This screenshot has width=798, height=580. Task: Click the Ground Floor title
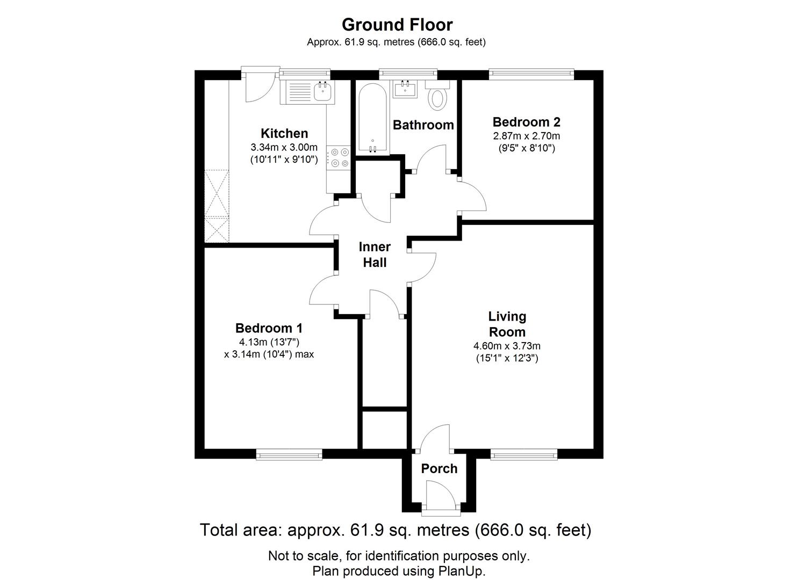(397, 25)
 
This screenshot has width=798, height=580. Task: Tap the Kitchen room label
(284, 133)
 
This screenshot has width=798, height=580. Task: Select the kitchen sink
(322, 91)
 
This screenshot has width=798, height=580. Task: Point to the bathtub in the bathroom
(370, 118)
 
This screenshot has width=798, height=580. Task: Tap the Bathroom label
(423, 125)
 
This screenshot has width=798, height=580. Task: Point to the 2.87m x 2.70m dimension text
(526, 136)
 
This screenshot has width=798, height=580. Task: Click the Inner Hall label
(375, 255)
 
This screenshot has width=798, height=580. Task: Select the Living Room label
(507, 324)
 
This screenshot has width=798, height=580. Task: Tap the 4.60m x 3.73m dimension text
(507, 346)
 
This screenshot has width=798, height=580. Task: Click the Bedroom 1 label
(269, 328)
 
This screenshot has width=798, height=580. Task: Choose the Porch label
(439, 469)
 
